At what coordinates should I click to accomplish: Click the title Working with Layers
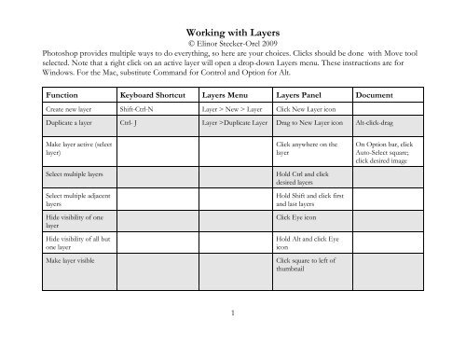click(x=233, y=30)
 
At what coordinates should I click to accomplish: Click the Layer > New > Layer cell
click(x=229, y=109)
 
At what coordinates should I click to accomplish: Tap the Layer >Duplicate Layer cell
click(x=236, y=121)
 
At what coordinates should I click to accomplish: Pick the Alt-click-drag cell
click(x=377, y=121)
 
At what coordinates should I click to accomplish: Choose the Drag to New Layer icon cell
click(x=312, y=121)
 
